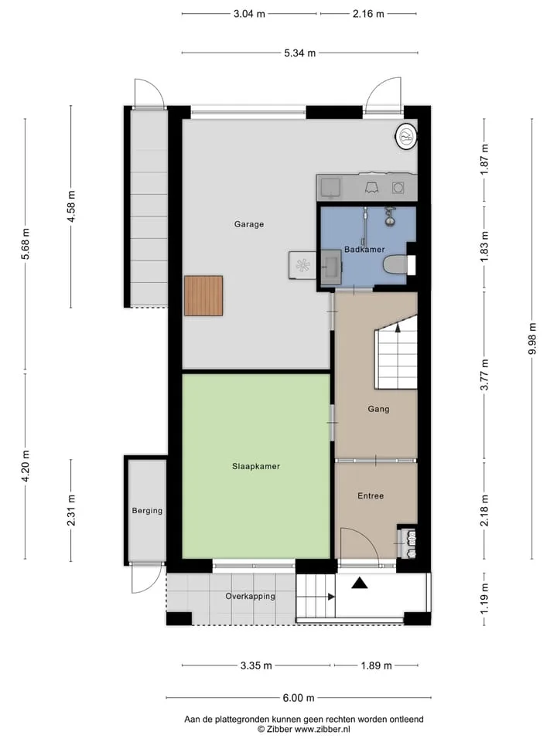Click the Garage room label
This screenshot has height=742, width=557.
click(x=248, y=224)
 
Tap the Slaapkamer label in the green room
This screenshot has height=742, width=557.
click(x=256, y=466)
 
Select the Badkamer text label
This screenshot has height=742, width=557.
click(x=364, y=250)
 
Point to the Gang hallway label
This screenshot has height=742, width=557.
click(x=378, y=409)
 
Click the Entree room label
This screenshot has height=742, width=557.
click(x=371, y=496)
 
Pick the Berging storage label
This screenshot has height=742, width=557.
click(x=147, y=511)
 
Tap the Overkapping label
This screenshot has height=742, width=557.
click(x=250, y=596)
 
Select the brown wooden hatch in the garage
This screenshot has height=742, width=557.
click(x=203, y=296)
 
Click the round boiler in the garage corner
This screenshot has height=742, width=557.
click(x=406, y=137)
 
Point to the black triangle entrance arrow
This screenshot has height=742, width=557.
click(x=360, y=584)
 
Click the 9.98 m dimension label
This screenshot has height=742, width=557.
click(x=532, y=339)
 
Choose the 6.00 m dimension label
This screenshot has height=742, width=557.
click(x=299, y=698)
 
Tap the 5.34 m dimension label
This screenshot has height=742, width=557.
click(x=300, y=53)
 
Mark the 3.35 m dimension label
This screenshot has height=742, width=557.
click(x=256, y=665)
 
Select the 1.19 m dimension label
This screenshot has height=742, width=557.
click(x=484, y=598)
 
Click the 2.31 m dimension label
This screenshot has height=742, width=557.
click(x=71, y=511)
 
